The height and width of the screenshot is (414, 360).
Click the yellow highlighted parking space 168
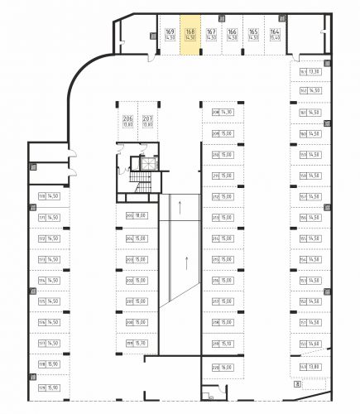click(x=190, y=35)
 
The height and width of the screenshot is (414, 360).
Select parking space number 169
click(x=170, y=35)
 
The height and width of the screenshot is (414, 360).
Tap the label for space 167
click(x=210, y=35)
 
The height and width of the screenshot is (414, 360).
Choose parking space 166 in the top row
click(x=231, y=35)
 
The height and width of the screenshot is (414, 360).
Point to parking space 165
click(x=252, y=35)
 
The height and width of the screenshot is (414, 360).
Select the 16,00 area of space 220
click(x=228, y=367)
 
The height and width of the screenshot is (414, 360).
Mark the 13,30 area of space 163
click(x=315, y=71)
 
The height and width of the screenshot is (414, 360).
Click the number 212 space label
click(x=215, y=197)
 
